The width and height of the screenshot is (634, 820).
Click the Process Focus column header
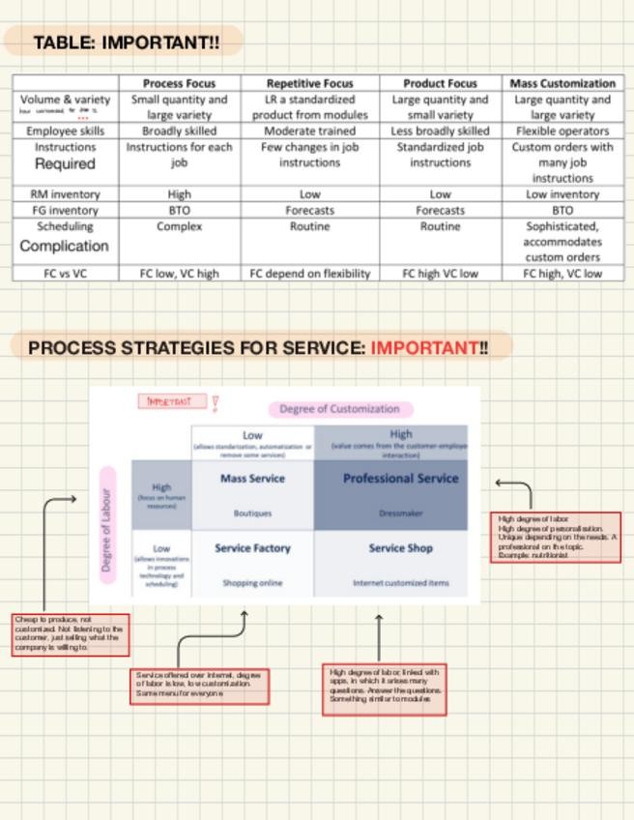pyautogui.click(x=179, y=83)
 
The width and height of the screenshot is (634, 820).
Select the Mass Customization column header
pyautogui.click(x=562, y=83)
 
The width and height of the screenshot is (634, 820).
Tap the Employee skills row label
pyautogui.click(x=65, y=131)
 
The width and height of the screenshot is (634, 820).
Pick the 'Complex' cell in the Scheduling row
pyautogui.click(x=179, y=226)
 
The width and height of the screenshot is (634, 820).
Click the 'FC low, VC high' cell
pyautogui.click(x=179, y=274)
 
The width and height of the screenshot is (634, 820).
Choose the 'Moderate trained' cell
pyautogui.click(x=309, y=131)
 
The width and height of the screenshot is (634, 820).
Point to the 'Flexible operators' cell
pyautogui.click(x=562, y=131)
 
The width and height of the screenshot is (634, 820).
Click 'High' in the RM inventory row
pyautogui.click(x=179, y=194)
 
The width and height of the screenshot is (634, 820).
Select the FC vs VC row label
pyautogui.click(x=65, y=274)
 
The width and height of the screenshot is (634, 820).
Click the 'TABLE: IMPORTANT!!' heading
pyautogui.click(x=126, y=43)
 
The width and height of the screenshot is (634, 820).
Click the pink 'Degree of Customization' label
pyautogui.click(x=339, y=409)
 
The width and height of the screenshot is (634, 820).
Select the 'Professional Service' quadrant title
pyautogui.click(x=400, y=479)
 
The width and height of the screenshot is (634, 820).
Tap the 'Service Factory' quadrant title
pyautogui.click(x=252, y=548)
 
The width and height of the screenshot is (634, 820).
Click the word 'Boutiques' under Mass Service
pyautogui.click(x=252, y=513)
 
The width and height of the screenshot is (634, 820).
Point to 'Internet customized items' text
pyautogui.click(x=400, y=583)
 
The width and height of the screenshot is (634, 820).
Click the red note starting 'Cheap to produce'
pyautogui.click(x=70, y=633)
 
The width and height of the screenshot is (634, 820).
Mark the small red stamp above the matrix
pyautogui.click(x=173, y=401)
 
